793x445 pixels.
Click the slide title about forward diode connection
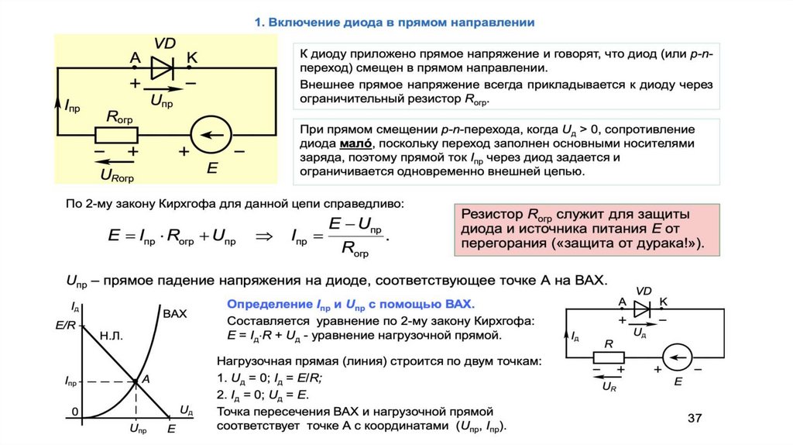[394, 22]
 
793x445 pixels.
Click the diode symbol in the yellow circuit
[163, 68]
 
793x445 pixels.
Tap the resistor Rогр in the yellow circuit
[116, 135]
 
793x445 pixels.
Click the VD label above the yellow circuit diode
[164, 43]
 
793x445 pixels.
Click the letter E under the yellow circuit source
[211, 167]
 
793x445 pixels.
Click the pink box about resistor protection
[585, 229]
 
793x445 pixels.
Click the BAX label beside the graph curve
[176, 314]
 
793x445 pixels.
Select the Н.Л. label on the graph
[112, 336]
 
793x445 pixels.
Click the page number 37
[695, 419]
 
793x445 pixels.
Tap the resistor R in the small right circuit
[609, 357]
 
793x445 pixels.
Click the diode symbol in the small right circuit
[640, 308]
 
